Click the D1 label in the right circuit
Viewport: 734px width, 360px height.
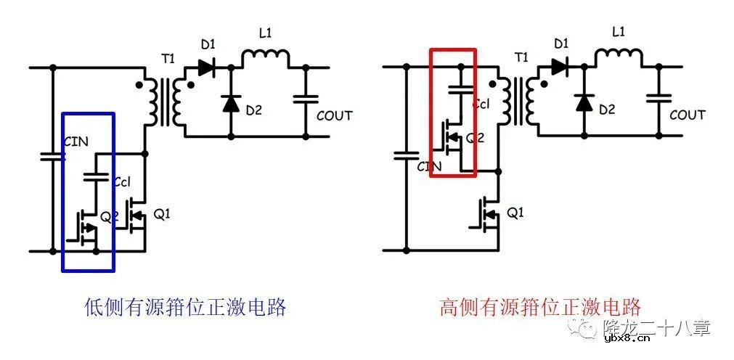[560, 44]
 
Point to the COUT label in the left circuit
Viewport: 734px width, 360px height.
[334, 115]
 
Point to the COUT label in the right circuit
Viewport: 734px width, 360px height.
[687, 115]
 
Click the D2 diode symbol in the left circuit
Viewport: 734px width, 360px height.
[230, 103]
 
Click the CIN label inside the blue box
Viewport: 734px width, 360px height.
[76, 142]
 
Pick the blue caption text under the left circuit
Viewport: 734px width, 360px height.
[185, 307]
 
